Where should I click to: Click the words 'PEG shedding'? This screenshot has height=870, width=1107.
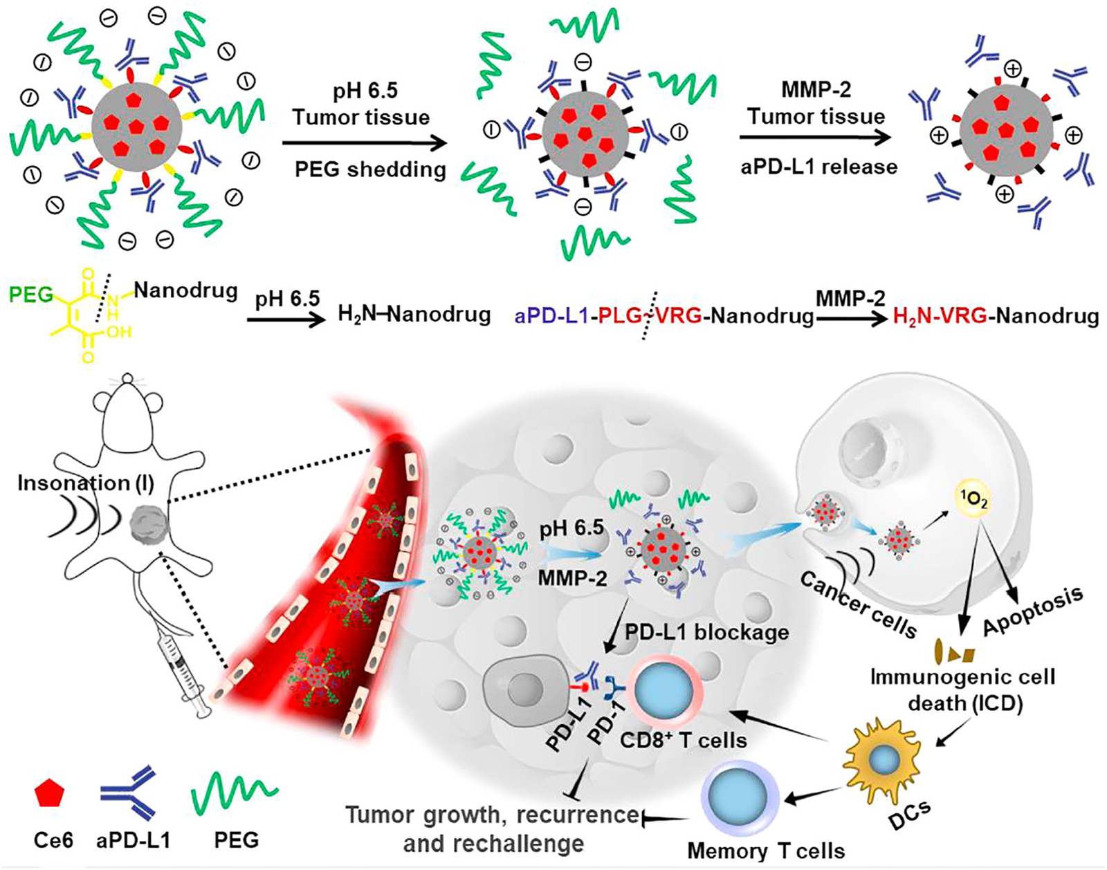coord(371,169)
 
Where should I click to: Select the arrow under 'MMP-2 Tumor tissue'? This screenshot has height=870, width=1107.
coord(815,137)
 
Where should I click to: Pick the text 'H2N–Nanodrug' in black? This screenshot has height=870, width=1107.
coord(414,315)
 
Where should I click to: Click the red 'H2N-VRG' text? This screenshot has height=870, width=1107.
coord(933,316)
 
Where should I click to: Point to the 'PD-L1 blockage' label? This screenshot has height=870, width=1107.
coord(706,631)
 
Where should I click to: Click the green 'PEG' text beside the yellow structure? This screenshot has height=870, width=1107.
coord(31,295)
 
